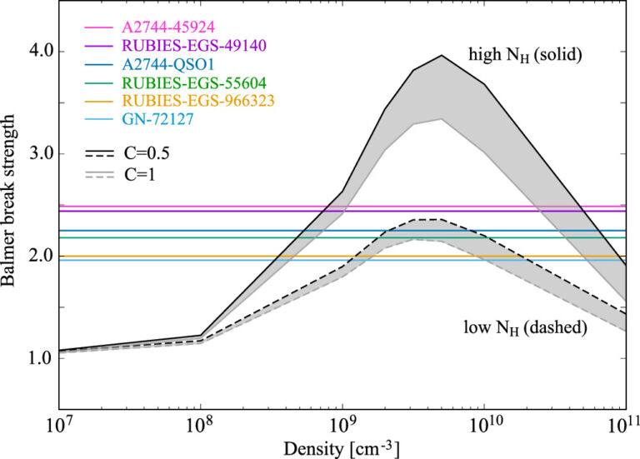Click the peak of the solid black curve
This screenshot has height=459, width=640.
(442, 56)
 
